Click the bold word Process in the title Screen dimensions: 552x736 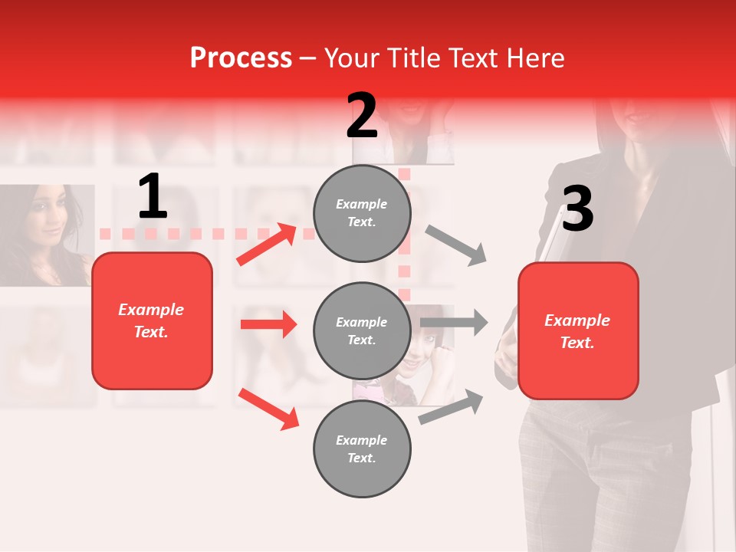tap(241, 58)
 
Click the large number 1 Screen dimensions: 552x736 tap(153, 197)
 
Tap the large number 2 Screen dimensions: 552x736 tap(362, 116)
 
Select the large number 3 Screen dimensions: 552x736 tap(577, 209)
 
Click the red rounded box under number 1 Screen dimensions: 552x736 tap(152, 320)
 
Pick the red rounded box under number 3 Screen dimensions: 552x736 tap(578, 330)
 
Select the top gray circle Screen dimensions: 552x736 tap(362, 213)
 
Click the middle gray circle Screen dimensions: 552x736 tap(362, 330)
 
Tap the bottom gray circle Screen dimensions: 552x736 tap(362, 449)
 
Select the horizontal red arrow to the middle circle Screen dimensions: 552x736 tap(268, 324)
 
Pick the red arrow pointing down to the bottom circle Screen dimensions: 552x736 tap(268, 409)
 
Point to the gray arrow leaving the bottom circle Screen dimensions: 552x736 tap(452, 407)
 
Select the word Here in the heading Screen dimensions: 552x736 tap(536, 58)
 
